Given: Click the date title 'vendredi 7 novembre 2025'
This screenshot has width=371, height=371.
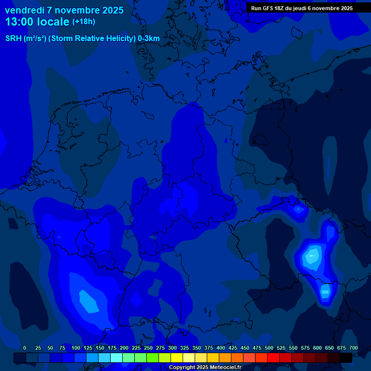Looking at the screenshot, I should point(64,10).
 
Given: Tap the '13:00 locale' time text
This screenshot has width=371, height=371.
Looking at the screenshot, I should point(37,22).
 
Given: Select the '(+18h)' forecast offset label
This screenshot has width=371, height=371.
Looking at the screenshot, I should point(84,22).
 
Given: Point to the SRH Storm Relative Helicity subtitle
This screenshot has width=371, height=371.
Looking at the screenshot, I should point(83,39).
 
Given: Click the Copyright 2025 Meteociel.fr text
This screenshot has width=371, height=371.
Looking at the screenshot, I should point(205,367).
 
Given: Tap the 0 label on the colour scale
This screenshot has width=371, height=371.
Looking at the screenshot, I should point(25,348).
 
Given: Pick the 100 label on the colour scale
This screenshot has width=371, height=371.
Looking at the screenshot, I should point(76,348).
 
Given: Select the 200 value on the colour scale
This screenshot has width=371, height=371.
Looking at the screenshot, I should point(124,348).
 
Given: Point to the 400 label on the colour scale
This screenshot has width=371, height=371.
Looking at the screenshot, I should point(221,348).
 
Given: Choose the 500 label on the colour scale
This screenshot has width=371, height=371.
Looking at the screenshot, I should point(269,348).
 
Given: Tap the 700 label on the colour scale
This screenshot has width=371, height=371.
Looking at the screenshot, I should point(354,348).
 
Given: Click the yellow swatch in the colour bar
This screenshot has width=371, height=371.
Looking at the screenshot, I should point(177,357).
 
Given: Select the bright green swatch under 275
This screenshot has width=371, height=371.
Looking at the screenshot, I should point(153,357).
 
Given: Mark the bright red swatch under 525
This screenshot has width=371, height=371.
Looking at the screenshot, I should point(273,357).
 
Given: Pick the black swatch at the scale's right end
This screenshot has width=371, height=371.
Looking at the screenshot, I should point(346,357).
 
